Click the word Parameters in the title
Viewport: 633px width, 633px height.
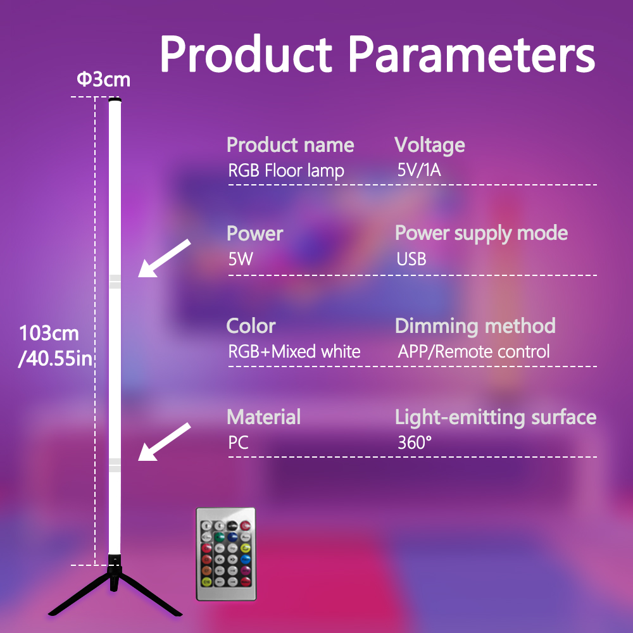pyautogui.click(x=472, y=54)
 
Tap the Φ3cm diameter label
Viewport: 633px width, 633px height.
pyautogui.click(x=104, y=80)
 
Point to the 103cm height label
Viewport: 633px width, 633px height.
pyautogui.click(x=49, y=334)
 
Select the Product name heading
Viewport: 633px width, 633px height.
pyautogui.click(x=291, y=145)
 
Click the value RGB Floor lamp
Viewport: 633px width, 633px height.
pyautogui.click(x=286, y=170)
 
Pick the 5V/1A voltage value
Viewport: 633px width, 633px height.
pyautogui.click(x=419, y=170)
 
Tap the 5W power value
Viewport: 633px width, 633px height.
pyautogui.click(x=241, y=259)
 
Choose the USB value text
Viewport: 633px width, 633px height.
pyautogui.click(x=411, y=259)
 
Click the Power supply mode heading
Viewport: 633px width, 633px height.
pyautogui.click(x=481, y=234)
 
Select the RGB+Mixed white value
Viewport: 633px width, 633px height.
pyautogui.click(x=294, y=351)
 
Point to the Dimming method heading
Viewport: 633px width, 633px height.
pyautogui.click(x=475, y=326)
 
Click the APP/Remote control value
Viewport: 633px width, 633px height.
pyautogui.click(x=473, y=351)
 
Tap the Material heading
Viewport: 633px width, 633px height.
pyautogui.click(x=263, y=417)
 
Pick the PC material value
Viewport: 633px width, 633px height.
pyautogui.click(x=238, y=442)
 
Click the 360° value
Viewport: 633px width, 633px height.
pyautogui.click(x=415, y=442)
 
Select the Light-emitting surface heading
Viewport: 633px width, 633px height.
pyautogui.click(x=496, y=417)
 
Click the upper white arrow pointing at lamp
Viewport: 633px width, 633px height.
pyautogui.click(x=164, y=258)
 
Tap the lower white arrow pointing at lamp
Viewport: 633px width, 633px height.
pyautogui.click(x=164, y=442)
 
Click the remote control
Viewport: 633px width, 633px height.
pyautogui.click(x=226, y=555)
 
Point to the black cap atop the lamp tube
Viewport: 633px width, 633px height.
pyautogui.click(x=115, y=99)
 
